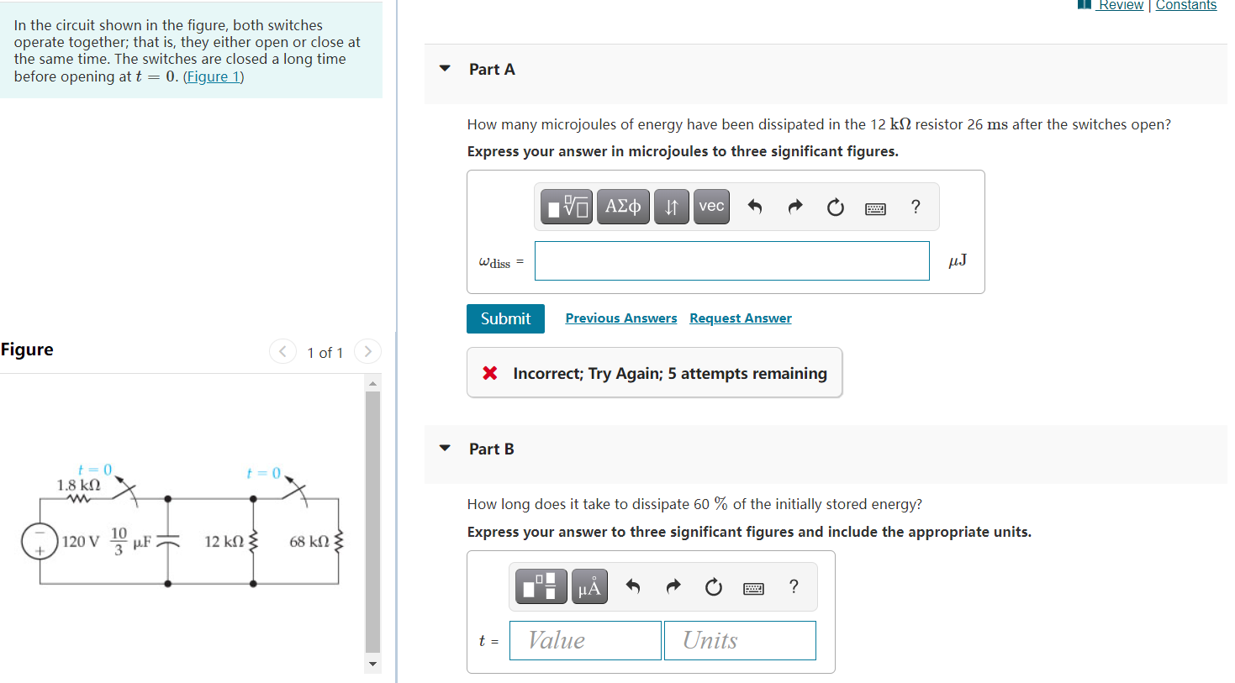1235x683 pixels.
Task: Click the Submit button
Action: coord(505,318)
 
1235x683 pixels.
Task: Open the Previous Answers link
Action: coord(620,318)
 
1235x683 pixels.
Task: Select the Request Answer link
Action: coord(740,318)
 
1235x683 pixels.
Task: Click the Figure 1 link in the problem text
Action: coord(214,76)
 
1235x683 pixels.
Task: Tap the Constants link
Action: coord(1185,5)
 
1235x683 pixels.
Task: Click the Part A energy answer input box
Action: coord(731,260)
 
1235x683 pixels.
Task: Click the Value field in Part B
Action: coord(585,640)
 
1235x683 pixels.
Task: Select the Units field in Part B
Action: coord(740,640)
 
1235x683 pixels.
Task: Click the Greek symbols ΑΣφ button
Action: coord(623,207)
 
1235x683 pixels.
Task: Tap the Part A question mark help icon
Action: coord(916,207)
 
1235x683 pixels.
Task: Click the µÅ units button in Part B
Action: coord(589,587)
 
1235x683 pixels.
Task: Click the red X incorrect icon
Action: coord(490,373)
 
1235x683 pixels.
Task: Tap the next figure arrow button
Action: coord(367,351)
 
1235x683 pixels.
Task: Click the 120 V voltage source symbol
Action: coord(40,541)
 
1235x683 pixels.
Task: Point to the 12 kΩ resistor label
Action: coord(224,542)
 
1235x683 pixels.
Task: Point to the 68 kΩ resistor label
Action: coord(309,542)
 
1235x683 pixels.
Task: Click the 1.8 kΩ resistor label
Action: coord(78,485)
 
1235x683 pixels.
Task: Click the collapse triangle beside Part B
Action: coord(445,449)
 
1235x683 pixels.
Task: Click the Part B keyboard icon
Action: coord(753,588)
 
